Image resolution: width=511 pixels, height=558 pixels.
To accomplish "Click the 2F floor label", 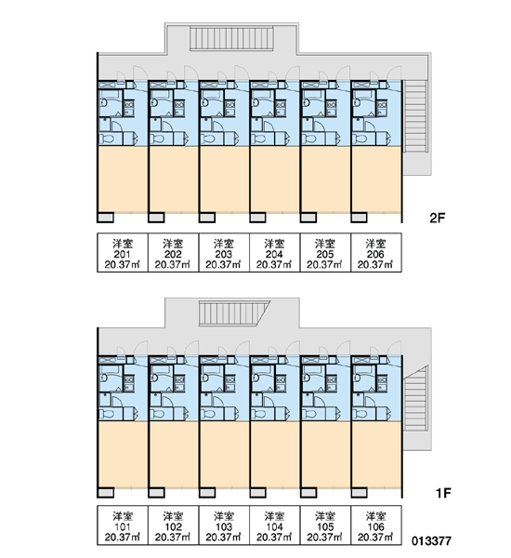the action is coord(437,218).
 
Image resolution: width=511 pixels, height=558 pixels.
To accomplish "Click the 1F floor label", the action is coord(443,493).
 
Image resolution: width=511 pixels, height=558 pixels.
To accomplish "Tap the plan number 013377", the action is coord(431,541).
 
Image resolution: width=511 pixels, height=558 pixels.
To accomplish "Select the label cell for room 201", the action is coord(123,253).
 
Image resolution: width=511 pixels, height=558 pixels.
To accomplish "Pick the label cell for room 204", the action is coord(274,253).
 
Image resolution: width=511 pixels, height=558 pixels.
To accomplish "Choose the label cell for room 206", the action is coord(376,253).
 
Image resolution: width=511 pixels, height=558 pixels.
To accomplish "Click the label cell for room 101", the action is coord(123,525).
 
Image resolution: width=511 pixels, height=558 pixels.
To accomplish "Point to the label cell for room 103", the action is coord(224,525).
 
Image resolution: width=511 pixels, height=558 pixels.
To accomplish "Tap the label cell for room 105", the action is coord(325,525).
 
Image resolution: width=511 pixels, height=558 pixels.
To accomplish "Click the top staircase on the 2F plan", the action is coord(231,38).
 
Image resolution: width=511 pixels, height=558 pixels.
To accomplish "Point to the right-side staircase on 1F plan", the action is coord(415,398).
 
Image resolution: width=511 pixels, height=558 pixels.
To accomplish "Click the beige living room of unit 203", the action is coord(225,179).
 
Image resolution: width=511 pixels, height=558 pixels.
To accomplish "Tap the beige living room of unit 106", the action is coord(376,455).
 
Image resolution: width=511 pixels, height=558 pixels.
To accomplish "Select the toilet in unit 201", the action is coord(107,138).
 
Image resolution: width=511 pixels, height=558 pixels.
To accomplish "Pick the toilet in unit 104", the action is coord(258,414).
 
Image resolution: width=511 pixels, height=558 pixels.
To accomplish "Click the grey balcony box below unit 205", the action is coord(308,217).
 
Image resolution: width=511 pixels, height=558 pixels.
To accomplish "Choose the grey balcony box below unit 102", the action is coord(156,492).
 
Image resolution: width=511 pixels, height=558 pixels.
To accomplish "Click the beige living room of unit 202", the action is coord(174,179).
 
